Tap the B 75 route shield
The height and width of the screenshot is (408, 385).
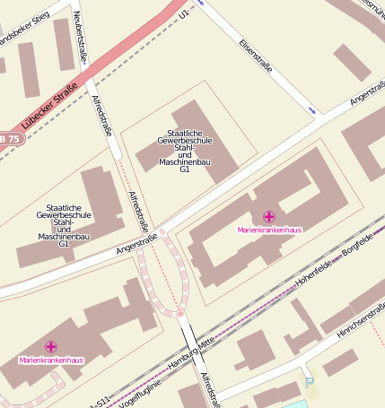9,139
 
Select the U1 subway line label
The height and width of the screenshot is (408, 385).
185,14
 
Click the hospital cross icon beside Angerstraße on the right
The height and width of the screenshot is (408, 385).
269,216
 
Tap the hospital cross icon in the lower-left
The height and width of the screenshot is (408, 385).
51,346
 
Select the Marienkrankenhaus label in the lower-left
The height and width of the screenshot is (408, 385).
51,360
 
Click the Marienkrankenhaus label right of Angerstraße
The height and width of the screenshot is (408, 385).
269,230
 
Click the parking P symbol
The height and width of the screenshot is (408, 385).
311,383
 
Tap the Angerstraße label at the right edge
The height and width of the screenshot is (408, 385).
368,94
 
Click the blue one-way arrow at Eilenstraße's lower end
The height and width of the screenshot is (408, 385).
312,110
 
